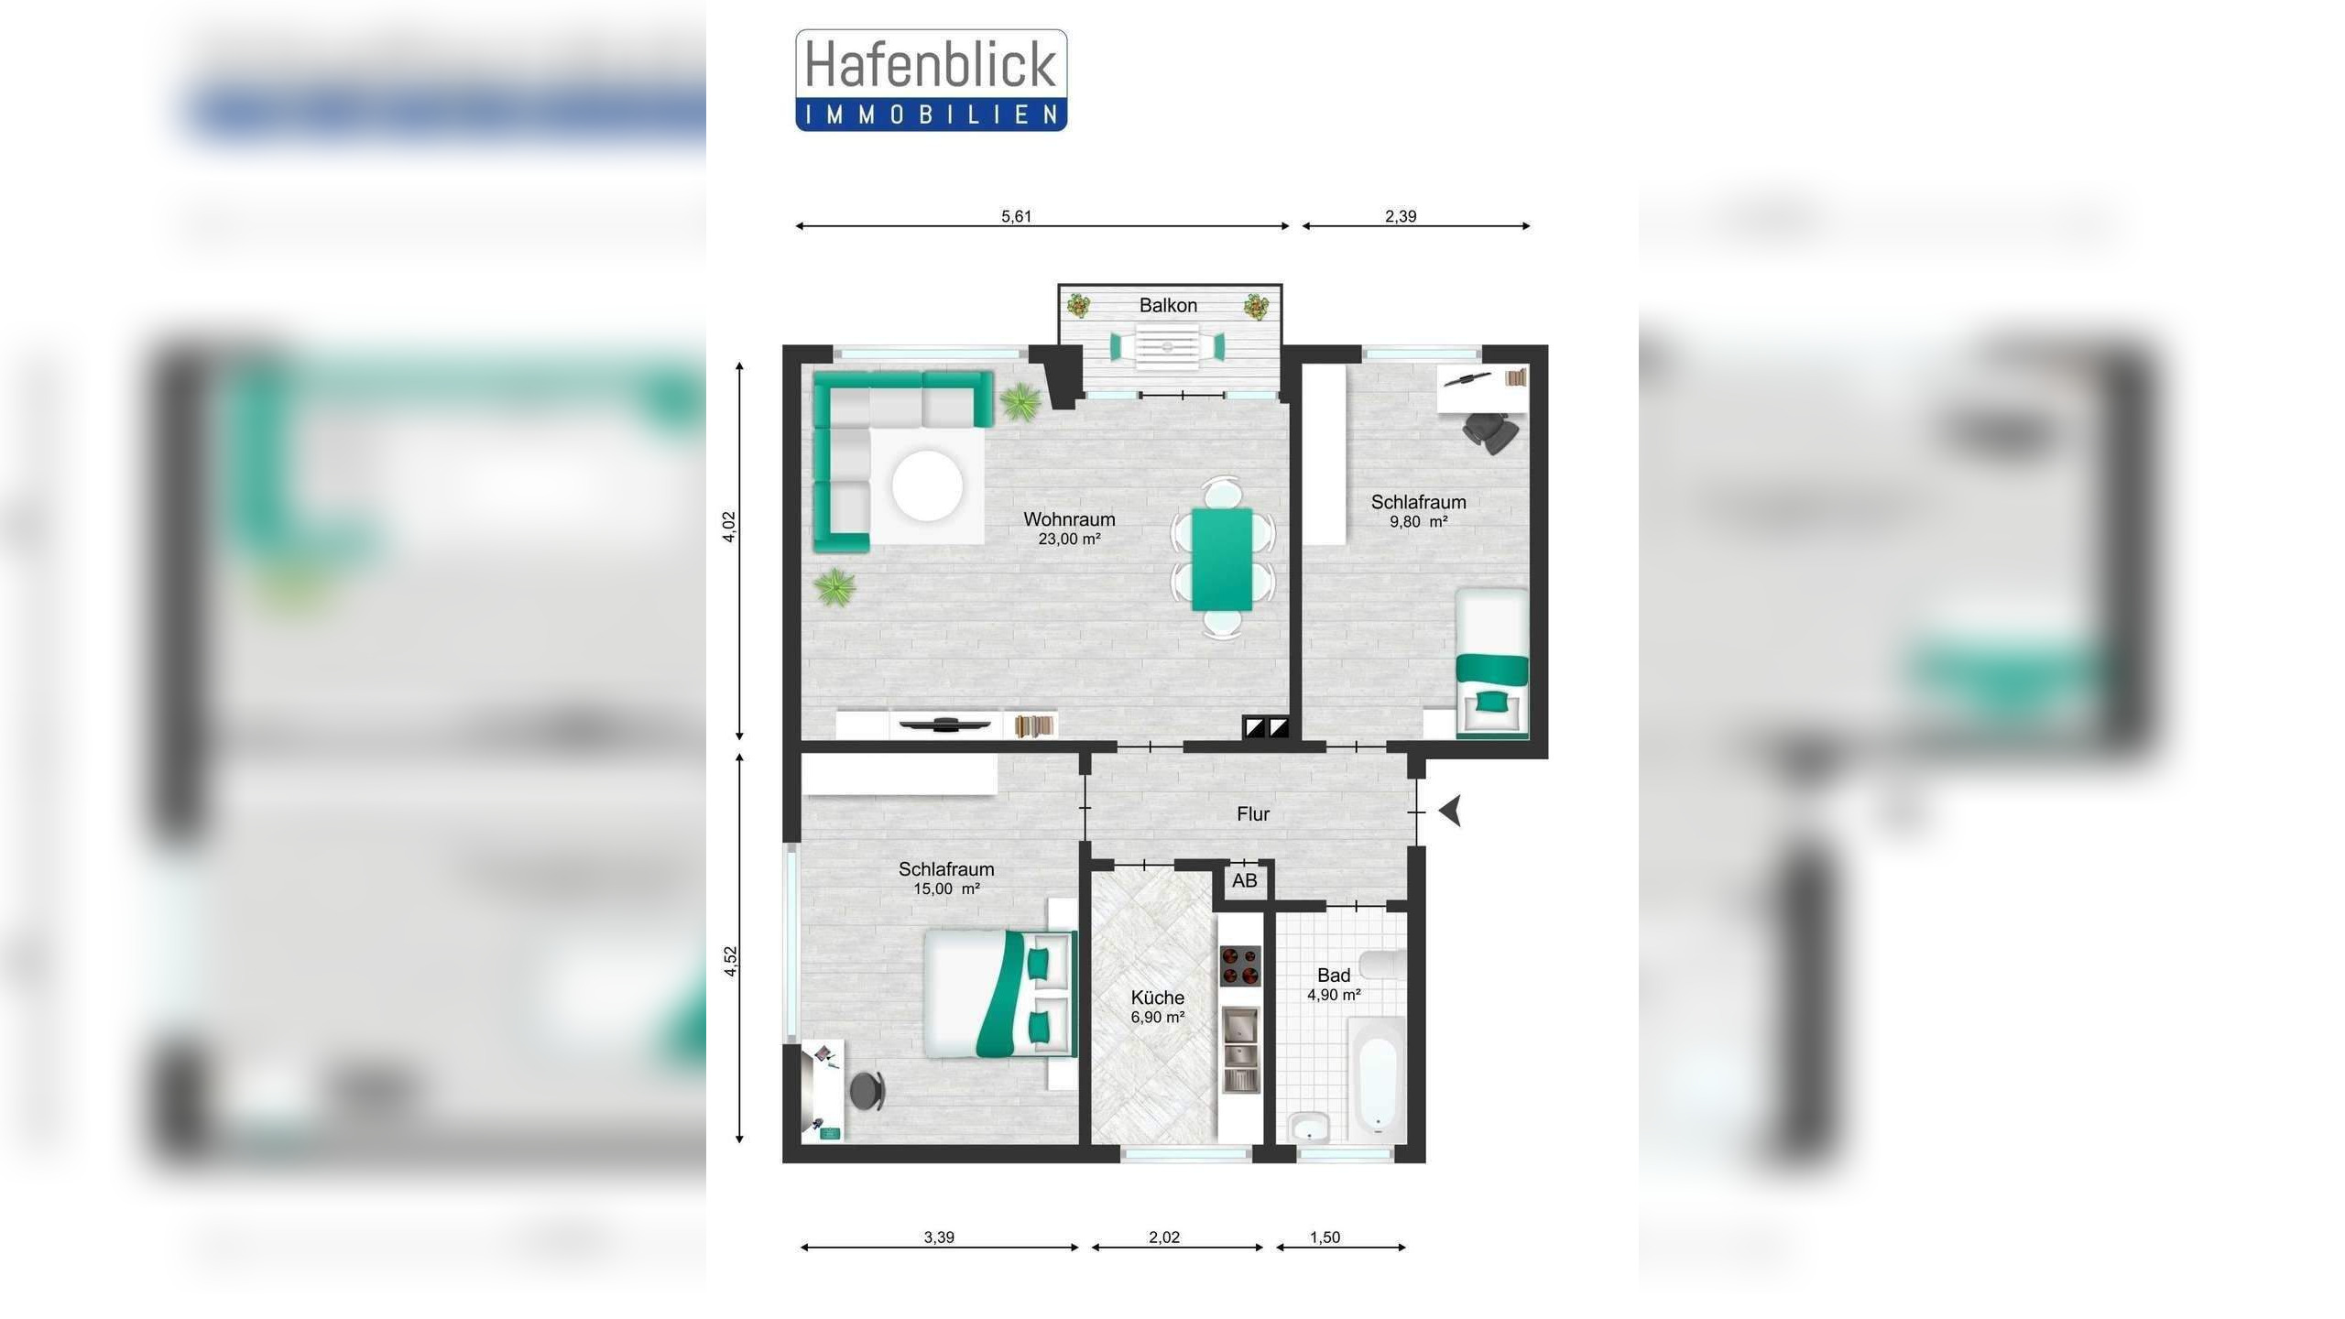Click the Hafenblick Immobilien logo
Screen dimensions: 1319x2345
coord(931,81)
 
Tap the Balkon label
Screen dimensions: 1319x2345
coord(1168,305)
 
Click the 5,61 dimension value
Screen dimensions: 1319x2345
coord(1016,216)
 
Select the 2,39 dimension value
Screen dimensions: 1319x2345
coord(1401,216)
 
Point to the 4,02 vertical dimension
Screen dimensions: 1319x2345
coord(729,527)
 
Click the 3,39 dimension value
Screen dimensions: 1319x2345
coord(939,1237)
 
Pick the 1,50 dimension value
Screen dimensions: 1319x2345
coord(1325,1237)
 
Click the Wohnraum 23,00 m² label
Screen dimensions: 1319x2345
coord(1069,529)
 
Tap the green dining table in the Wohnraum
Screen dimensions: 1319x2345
coord(1222,559)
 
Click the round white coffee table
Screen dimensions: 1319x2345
coord(927,486)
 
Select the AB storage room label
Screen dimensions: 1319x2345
coord(1244,881)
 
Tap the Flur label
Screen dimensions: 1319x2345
coord(1253,813)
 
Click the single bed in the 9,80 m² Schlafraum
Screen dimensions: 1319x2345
coord(1492,662)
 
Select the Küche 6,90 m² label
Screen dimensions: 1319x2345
coord(1158,1006)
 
